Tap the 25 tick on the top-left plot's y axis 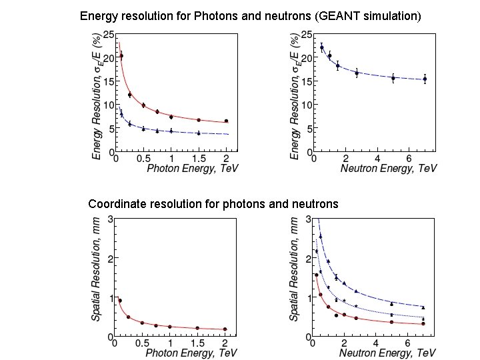click(107, 34)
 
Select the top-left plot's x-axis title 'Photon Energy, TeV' click(193, 169)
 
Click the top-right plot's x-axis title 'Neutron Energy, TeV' click(389, 169)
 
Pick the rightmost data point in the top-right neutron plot click(425, 79)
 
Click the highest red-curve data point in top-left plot click(121, 57)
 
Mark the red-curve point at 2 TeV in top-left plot click(226, 121)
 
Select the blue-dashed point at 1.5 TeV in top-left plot click(199, 133)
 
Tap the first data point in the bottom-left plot click(120, 301)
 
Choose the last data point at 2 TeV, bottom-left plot click(225, 329)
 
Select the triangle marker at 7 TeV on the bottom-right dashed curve click(423, 307)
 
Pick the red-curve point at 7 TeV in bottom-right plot click(423, 323)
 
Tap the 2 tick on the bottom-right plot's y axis click(307, 258)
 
